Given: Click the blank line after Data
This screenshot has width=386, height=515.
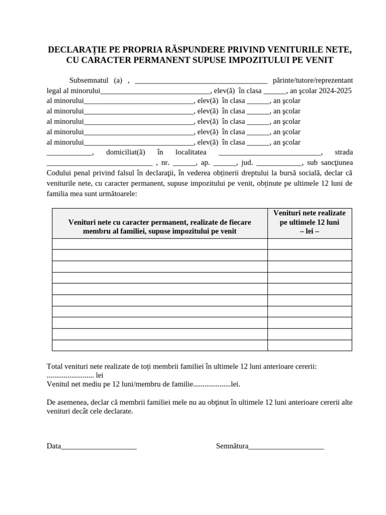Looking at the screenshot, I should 99,447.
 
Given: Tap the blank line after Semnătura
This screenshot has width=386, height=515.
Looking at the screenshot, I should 286,447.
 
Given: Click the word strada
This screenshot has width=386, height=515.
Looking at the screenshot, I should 344,152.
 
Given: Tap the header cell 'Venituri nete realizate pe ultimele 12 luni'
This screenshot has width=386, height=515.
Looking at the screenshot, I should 310,222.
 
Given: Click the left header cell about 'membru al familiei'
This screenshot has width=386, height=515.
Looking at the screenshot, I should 159,226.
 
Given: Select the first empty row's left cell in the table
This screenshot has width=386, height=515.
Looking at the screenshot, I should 159,244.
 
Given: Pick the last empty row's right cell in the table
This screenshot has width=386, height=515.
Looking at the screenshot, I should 310,345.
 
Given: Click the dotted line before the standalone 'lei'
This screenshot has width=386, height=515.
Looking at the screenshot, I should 70,375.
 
